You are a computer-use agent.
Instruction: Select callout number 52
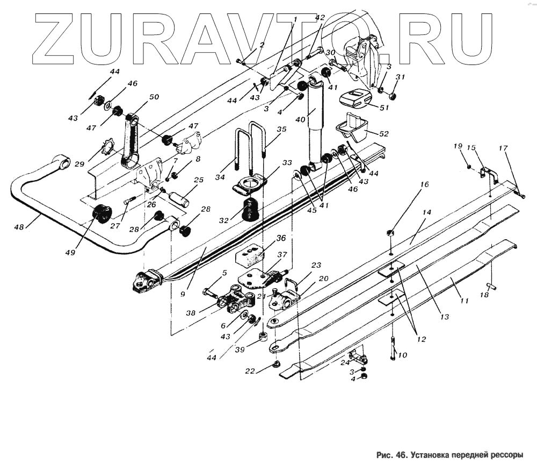click(384, 134)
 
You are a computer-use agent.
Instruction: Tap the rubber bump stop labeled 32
click(250, 209)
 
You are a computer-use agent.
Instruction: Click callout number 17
click(503, 148)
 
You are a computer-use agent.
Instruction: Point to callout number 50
click(154, 97)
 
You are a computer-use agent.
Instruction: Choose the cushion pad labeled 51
click(354, 98)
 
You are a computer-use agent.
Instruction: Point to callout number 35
click(282, 129)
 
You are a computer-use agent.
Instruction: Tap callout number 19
click(457, 146)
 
